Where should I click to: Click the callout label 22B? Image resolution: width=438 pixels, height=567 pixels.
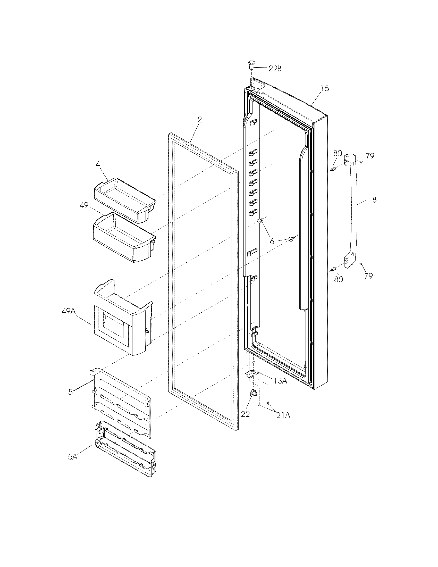click(x=275, y=69)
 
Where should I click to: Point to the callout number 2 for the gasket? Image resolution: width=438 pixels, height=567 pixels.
click(x=199, y=120)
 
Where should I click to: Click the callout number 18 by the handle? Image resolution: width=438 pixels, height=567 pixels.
click(x=372, y=200)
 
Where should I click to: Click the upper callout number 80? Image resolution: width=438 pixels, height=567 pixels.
click(x=338, y=153)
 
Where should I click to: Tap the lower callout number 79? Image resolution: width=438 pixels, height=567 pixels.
click(x=368, y=276)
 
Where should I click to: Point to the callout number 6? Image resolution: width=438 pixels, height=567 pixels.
click(x=272, y=241)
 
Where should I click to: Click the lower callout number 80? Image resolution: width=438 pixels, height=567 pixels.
click(x=338, y=279)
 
